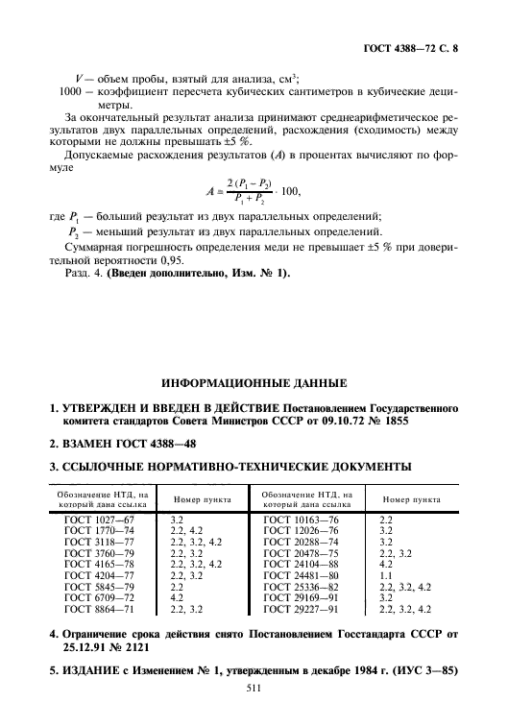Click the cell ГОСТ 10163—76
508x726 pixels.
pos(301,519)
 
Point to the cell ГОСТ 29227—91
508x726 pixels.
pos(301,609)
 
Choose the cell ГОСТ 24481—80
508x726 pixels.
pos(301,575)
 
